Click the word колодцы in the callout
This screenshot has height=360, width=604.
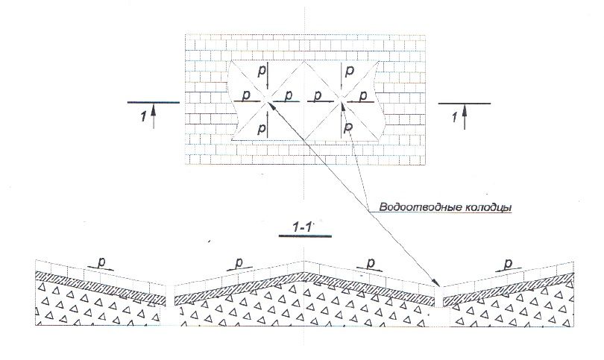[x=487, y=207]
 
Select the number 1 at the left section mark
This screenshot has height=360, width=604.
[x=144, y=116]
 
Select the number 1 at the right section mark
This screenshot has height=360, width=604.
[x=456, y=117]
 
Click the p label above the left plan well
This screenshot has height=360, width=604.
[x=262, y=72]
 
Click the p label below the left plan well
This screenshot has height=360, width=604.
[x=262, y=127]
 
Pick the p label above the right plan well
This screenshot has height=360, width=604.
[x=350, y=72]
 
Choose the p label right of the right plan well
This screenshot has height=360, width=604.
[x=363, y=96]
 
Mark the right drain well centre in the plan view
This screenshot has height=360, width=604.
[x=342, y=101]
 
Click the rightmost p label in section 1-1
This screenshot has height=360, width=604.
[x=509, y=263]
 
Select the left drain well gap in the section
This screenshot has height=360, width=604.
[x=170, y=306]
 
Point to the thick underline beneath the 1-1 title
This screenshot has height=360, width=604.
[x=305, y=236]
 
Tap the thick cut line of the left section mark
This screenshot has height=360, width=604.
[x=154, y=102]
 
